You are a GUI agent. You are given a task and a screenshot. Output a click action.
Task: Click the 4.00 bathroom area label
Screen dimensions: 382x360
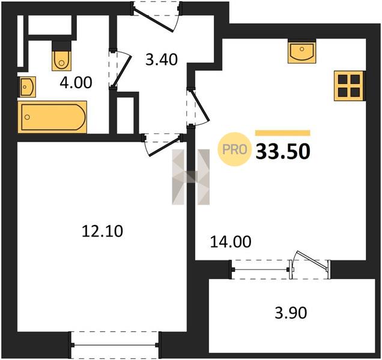coord(76,82)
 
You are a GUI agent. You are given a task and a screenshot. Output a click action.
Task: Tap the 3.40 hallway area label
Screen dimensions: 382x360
coord(162,59)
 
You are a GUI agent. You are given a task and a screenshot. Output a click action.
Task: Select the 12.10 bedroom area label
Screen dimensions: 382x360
coord(102,231)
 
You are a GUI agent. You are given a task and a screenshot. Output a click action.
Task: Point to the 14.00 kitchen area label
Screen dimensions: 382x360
coord(231,242)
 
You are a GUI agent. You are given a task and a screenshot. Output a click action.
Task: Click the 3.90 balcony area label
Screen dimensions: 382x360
coord(291,313)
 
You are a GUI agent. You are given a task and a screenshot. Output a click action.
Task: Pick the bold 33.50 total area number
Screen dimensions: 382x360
coord(283,152)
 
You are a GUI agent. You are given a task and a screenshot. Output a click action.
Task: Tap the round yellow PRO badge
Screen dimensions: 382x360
coord(234,149)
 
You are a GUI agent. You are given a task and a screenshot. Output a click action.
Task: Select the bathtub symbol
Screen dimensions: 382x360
coord(52,117)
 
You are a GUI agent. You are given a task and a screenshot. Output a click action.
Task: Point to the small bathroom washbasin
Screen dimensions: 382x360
coord(27,86)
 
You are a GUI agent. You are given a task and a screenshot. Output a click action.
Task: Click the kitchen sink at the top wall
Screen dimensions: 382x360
coord(302,52)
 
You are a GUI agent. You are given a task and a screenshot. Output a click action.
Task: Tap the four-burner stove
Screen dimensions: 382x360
coord(349,86)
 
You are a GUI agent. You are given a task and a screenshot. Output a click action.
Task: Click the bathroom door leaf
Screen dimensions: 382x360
coord(123,71)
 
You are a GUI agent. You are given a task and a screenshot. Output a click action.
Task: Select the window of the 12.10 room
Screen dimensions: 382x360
coord(115,344)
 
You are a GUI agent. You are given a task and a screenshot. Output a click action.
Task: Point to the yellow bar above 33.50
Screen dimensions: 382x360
coord(283,133)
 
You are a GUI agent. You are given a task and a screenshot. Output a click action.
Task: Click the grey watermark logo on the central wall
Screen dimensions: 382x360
coord(191,177)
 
